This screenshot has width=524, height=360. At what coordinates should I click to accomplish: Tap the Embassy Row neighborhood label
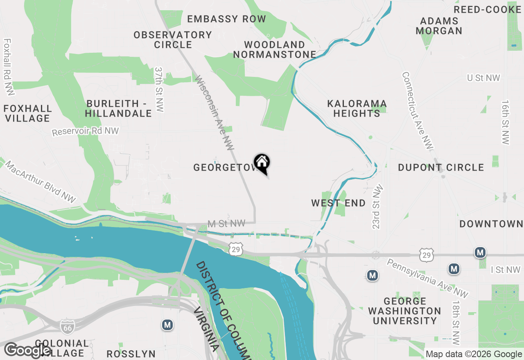(x=226, y=19)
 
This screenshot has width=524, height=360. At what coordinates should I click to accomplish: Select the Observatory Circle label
(x=173, y=40)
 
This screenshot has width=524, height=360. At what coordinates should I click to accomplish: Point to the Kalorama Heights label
(x=357, y=108)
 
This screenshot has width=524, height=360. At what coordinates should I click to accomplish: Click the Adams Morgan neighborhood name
(x=439, y=26)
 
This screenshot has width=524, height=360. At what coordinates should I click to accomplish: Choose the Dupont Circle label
(x=441, y=167)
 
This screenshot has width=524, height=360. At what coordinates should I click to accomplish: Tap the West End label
(x=338, y=203)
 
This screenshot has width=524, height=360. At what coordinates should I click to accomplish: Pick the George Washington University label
(x=404, y=311)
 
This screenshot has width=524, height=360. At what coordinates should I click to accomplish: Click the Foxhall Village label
(x=27, y=113)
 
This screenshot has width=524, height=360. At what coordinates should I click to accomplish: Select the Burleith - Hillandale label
(x=119, y=108)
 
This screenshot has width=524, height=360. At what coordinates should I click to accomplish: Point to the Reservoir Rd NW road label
(x=85, y=131)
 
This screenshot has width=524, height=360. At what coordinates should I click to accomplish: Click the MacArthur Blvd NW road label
(x=41, y=182)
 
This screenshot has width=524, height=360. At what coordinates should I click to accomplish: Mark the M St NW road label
(x=226, y=223)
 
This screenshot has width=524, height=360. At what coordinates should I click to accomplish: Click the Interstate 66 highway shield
(x=67, y=326)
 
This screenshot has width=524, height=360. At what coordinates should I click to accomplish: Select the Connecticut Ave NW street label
(x=417, y=111)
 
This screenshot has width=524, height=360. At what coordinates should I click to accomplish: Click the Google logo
(x=27, y=350)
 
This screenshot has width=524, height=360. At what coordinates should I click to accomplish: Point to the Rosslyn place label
(x=131, y=354)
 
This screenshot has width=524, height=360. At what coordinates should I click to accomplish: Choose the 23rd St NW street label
(x=379, y=207)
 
